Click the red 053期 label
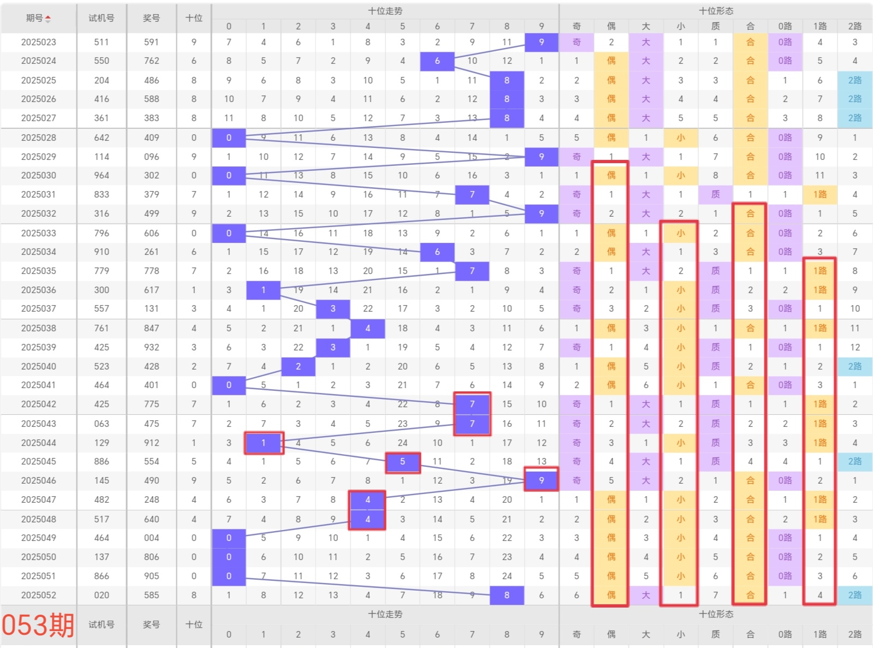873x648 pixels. click(x=38, y=625)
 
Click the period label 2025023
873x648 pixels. click(x=39, y=42)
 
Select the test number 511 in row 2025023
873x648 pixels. click(x=102, y=42)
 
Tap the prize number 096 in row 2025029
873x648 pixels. click(x=151, y=157)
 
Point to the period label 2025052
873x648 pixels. click(x=39, y=595)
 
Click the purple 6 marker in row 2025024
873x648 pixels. click(x=437, y=61)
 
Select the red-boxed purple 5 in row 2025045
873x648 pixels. click(x=402, y=462)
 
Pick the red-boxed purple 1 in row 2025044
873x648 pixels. click(x=264, y=443)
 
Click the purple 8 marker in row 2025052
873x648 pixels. click(x=507, y=595)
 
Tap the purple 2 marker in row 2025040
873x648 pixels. click(x=298, y=366)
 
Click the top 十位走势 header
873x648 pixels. click(x=385, y=11)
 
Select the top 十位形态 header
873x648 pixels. click(x=716, y=11)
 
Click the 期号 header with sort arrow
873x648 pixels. click(x=39, y=18)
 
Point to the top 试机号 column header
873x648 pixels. click(x=102, y=18)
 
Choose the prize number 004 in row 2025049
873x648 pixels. click(x=151, y=538)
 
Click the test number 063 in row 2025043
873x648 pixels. click(x=102, y=424)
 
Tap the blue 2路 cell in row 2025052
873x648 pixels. click(x=854, y=595)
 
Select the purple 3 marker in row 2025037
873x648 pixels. click(x=333, y=308)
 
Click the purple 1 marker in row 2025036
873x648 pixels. click(x=264, y=290)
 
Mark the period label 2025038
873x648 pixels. click(x=39, y=328)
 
